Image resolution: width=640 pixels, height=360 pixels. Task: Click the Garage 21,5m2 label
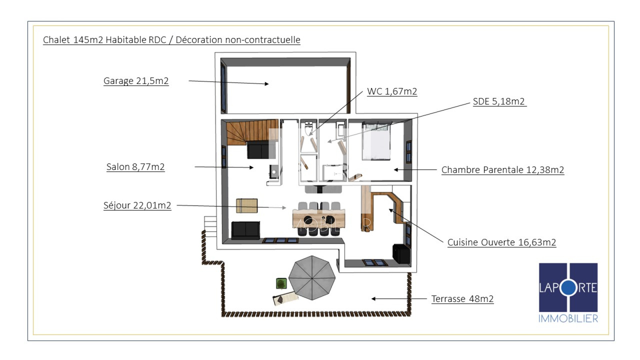click(136, 81)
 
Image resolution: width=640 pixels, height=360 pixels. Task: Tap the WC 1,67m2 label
click(392, 92)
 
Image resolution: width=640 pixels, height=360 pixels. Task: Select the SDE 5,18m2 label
click(499, 102)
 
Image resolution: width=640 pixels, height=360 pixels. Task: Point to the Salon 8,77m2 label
click(136, 167)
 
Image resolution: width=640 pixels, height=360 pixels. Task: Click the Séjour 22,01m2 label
click(137, 206)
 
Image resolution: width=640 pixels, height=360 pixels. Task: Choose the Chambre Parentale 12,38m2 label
click(503, 170)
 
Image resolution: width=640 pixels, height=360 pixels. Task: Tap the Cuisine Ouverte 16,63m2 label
click(502, 242)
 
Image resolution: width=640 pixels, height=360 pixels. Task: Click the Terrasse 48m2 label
click(462, 299)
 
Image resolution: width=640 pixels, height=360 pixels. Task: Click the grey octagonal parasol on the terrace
click(312, 278)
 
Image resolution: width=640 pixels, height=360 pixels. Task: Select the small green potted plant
click(282, 284)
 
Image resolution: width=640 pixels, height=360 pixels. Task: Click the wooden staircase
click(252, 132)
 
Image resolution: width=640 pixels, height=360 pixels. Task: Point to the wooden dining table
click(319, 218)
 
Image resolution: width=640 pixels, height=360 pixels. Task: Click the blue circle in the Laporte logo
click(569, 288)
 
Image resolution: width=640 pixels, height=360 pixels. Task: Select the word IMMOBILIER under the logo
click(568, 318)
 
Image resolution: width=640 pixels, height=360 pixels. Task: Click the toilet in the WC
click(308, 128)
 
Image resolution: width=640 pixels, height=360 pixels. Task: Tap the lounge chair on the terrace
click(286, 298)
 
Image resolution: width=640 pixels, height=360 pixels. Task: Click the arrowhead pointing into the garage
click(266, 84)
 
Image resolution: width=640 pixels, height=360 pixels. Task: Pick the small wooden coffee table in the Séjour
click(246, 206)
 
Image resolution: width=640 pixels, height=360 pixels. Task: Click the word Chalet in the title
click(56, 40)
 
